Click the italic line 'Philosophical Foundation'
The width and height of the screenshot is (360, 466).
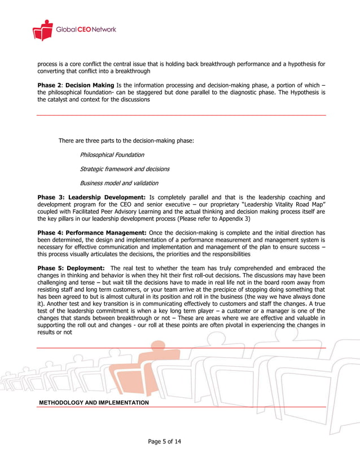(112, 155)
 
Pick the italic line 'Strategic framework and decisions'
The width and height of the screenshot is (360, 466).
(125, 169)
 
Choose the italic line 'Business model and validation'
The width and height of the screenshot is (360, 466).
(119, 183)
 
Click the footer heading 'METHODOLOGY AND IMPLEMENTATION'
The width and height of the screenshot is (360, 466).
(94, 403)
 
